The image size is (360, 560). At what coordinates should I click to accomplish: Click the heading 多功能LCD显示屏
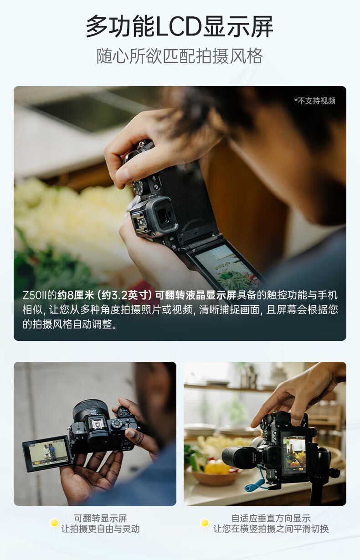(x=180, y=26)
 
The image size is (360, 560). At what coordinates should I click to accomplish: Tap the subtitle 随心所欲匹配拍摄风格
(x=180, y=56)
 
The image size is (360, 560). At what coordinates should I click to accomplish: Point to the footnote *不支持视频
(x=314, y=101)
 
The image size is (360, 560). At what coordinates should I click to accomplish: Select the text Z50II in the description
(x=35, y=295)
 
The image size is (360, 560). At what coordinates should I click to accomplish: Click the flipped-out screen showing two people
(x=47, y=453)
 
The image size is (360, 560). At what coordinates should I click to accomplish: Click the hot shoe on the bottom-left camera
(x=96, y=425)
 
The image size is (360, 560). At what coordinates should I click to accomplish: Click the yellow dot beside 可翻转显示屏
(x=54, y=523)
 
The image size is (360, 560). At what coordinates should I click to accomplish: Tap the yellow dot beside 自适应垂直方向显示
(x=205, y=523)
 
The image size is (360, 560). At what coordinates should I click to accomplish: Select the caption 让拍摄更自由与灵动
(x=101, y=529)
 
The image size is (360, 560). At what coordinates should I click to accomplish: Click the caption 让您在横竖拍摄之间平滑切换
(x=271, y=529)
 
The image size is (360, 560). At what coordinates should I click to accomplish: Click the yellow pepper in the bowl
(x=217, y=467)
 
